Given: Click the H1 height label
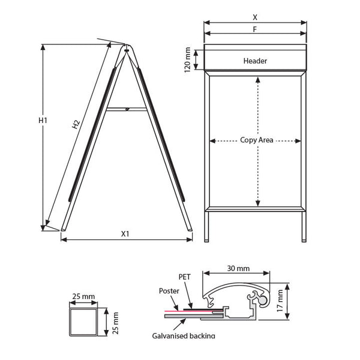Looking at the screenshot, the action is pos(43,121).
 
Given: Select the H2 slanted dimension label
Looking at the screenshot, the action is pos(76,124).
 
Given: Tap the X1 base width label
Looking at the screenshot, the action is pos(125,234).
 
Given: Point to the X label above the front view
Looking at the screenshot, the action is pos(255,17).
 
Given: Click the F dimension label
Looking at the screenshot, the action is pos(254,29).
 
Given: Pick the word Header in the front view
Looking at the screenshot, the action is pos(255,61).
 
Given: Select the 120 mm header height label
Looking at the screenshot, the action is pos(187,59).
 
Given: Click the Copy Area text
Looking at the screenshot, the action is pos(257,140).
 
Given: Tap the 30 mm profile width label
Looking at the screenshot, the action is pos(238,268).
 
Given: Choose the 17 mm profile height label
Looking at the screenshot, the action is pos(280,301).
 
